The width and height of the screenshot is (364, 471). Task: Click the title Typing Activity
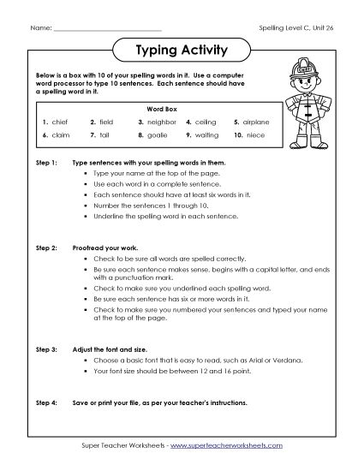click(181, 51)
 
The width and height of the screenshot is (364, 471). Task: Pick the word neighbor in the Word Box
click(160, 122)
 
